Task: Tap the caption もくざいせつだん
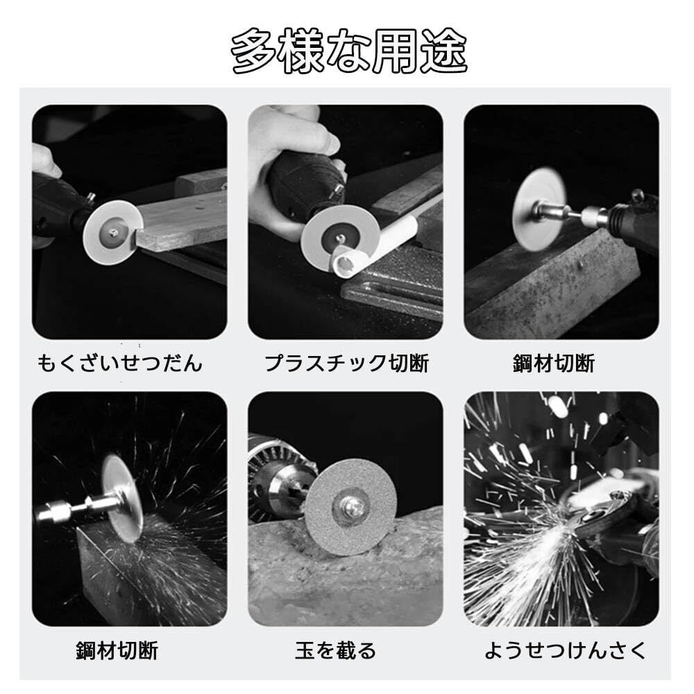[120, 363]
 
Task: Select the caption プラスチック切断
[346, 363]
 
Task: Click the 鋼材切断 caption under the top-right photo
[554, 363]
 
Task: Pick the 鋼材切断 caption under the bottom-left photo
[117, 650]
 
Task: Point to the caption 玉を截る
[335, 650]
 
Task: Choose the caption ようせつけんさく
[565, 650]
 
